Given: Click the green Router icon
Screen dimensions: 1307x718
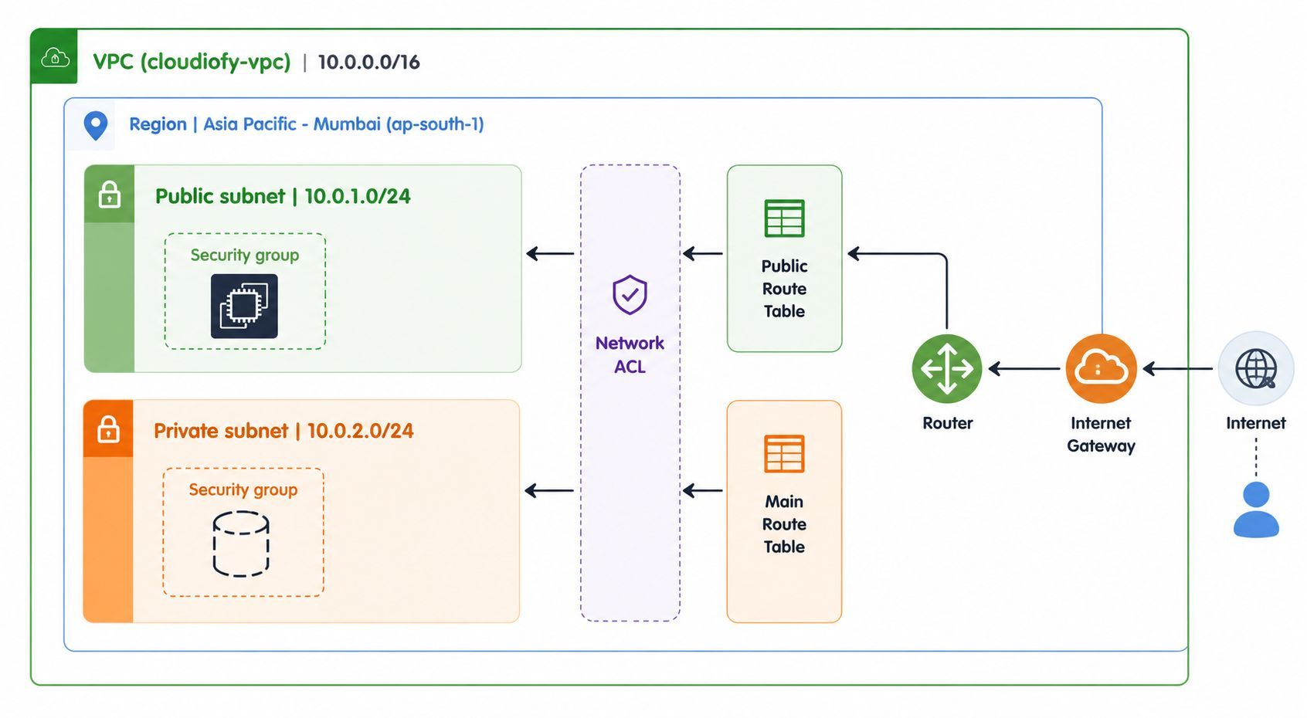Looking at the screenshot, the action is click(946, 368).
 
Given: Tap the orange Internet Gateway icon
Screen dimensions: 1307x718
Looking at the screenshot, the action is click(1101, 368).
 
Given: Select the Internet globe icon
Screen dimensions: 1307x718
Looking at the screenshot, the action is click(1256, 368).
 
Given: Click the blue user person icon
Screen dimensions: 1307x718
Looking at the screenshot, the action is click(1256, 510).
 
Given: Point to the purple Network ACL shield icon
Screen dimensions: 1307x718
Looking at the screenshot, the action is click(630, 295).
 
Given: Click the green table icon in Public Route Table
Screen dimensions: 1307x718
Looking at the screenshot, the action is click(784, 218).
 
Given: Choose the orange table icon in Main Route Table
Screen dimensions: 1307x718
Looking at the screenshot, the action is click(784, 453).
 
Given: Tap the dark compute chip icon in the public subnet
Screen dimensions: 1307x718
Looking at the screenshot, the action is click(244, 307).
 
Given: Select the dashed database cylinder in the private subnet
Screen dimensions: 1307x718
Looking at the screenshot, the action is click(241, 544).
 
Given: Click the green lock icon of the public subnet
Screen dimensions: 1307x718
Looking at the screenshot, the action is click(109, 194).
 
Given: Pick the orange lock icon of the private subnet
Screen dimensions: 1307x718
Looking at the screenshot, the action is click(108, 428).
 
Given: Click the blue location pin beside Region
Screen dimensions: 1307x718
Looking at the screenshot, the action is click(96, 125).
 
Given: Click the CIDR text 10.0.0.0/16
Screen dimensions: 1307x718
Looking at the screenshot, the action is click(368, 62).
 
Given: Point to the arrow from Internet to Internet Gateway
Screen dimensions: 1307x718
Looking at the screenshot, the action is click(1177, 368).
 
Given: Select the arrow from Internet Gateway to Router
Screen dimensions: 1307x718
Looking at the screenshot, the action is click(1024, 368).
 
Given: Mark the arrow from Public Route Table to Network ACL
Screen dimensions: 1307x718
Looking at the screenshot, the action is click(702, 254).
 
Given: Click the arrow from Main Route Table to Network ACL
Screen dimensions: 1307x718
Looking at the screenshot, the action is click(702, 490).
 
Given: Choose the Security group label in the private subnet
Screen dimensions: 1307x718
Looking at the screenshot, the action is click(243, 489).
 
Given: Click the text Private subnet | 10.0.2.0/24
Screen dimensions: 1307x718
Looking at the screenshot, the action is click(283, 431).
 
